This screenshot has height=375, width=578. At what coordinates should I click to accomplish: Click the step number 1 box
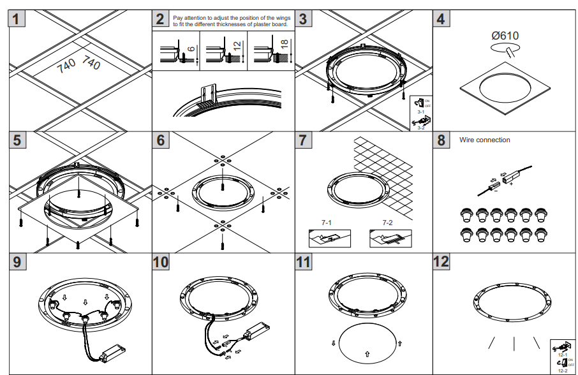(17, 18)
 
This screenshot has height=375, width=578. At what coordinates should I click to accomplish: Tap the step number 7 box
(304, 140)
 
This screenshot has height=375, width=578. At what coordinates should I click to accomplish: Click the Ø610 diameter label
(505, 36)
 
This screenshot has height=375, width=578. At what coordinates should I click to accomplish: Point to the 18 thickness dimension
(284, 45)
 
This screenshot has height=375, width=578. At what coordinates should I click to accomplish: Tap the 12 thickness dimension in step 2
(237, 47)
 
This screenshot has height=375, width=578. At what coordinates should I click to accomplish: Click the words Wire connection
(485, 140)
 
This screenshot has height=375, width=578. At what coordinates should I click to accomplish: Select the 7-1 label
(327, 224)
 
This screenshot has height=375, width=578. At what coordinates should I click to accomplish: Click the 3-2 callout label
(421, 128)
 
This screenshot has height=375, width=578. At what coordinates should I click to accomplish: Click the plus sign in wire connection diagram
(511, 184)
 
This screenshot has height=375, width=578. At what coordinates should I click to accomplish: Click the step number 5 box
(17, 140)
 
